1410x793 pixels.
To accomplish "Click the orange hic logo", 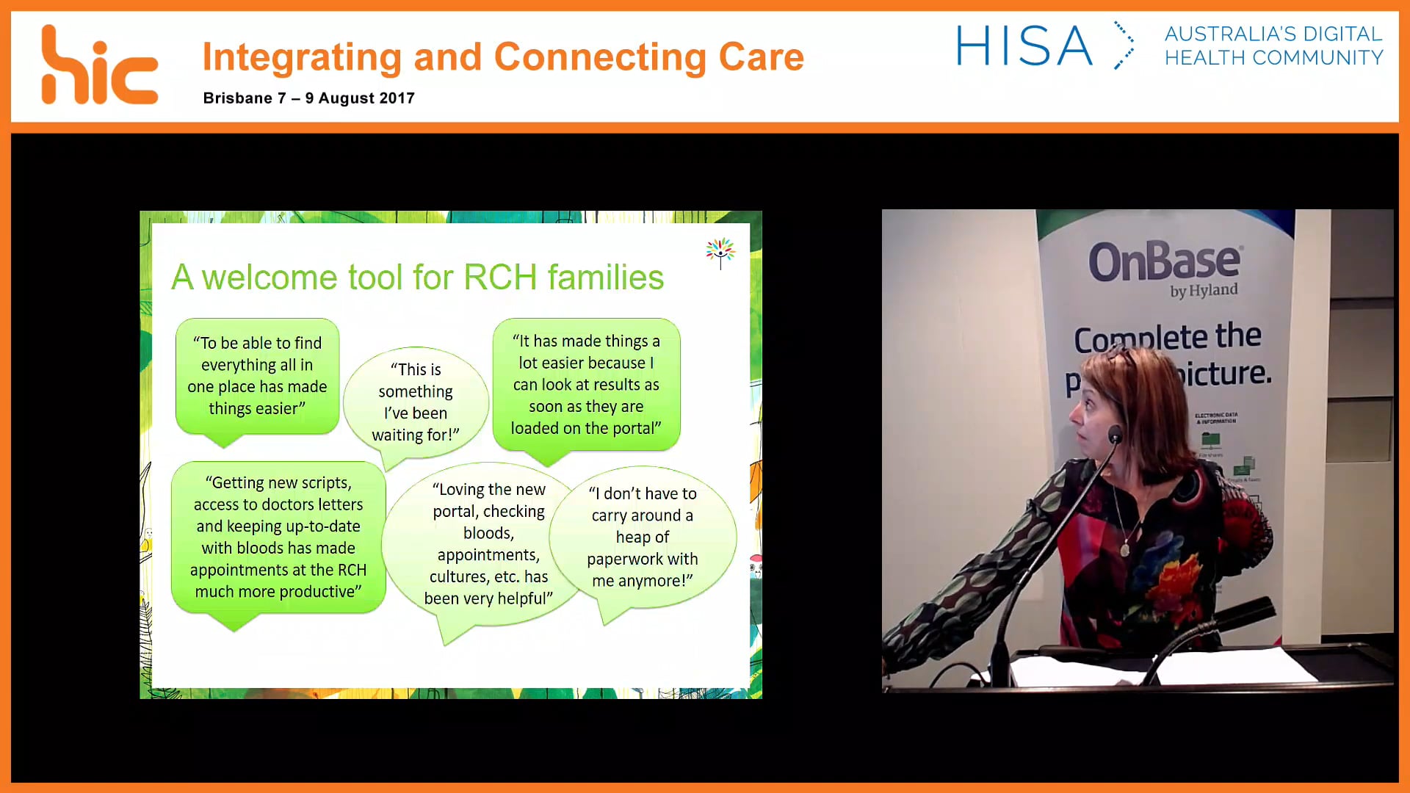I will (x=99, y=66).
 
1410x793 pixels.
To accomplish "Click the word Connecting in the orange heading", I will (x=599, y=57).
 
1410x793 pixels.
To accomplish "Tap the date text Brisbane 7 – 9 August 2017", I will (x=308, y=98).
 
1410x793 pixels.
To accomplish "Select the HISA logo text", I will (x=1024, y=46).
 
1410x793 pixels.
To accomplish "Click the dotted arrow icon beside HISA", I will (x=1124, y=46).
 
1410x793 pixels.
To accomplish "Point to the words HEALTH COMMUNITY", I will (x=1273, y=58).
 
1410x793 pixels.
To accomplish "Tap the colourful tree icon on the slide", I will (x=720, y=252).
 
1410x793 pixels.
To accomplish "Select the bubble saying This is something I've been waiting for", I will (x=416, y=402).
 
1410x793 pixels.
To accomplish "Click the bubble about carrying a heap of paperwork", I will (x=643, y=537).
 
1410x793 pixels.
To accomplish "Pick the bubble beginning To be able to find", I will (x=257, y=375).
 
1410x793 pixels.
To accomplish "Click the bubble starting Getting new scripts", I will (x=278, y=537).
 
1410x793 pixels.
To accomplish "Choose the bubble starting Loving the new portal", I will (x=488, y=543).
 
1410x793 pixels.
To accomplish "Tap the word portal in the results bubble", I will (x=631, y=428).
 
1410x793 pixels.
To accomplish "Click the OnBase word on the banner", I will (x=1165, y=261).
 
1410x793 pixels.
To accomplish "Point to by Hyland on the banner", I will (x=1204, y=291).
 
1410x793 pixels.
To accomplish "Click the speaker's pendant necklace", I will (x=1124, y=549).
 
